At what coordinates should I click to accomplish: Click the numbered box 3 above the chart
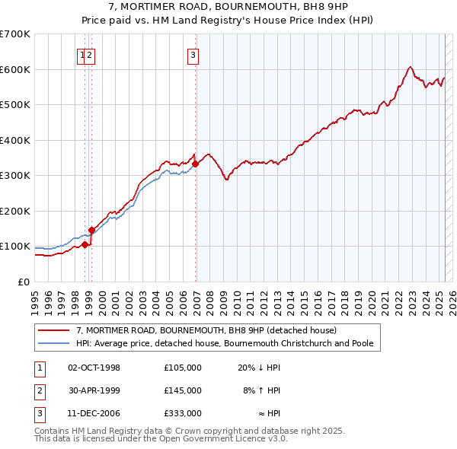coord(193,54)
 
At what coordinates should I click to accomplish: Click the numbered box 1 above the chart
coord(81,54)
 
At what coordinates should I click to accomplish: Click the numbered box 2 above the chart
coord(89,54)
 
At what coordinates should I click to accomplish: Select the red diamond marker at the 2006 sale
coord(196,164)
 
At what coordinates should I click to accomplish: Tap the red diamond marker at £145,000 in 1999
coord(91,230)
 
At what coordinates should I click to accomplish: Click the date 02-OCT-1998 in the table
coord(94,368)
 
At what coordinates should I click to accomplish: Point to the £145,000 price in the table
coord(182,390)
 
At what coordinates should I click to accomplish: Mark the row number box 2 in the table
coord(37,390)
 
